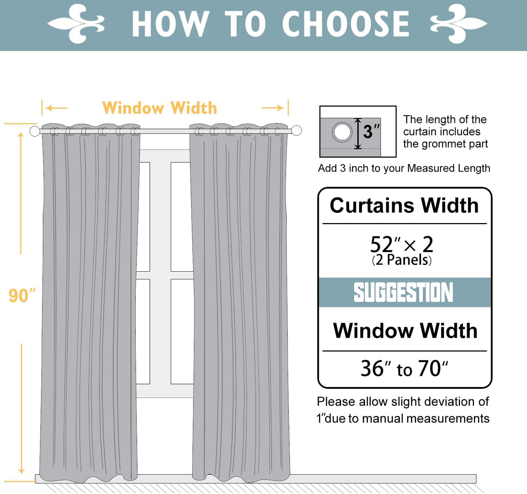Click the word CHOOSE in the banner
coord(346,24)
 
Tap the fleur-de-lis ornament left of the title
coord(77,24)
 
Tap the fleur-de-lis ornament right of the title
coord(458,24)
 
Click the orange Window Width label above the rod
coord(159,108)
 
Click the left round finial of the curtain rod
coord(35,131)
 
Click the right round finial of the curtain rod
coord(297,130)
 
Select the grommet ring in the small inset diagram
coord(342,132)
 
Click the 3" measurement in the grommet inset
coord(371,132)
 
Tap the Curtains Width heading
coord(404,206)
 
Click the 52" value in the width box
coord(385,244)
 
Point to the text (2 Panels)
coord(402,260)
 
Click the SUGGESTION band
coord(404,292)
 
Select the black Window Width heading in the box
coord(405,331)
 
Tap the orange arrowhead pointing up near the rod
coord(21,135)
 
